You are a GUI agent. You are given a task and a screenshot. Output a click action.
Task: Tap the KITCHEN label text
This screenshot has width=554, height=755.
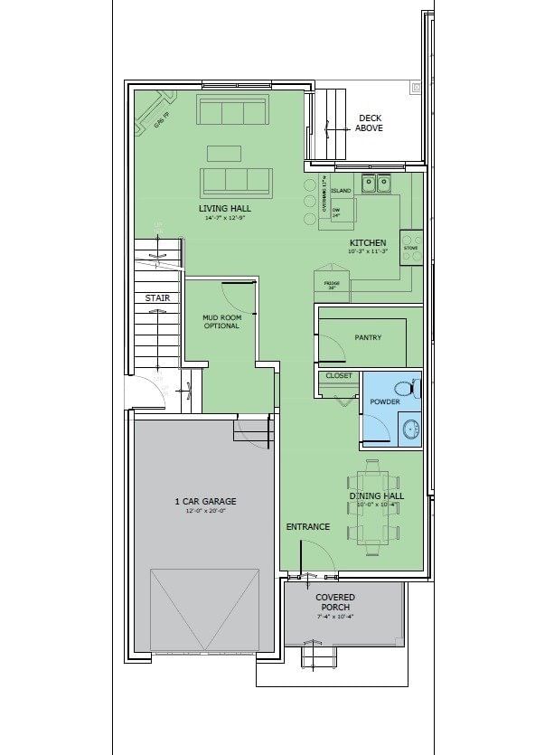click(368, 242)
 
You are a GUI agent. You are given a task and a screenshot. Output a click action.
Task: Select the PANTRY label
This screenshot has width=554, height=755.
click(368, 337)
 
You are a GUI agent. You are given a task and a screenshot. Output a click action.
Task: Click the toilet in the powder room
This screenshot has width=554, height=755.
click(412, 388)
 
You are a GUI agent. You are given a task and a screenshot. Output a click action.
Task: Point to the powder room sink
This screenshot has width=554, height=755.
click(410, 428)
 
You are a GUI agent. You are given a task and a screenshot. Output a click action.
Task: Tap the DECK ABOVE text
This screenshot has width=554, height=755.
click(369, 123)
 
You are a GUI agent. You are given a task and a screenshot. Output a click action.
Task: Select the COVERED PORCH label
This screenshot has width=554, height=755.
click(334, 601)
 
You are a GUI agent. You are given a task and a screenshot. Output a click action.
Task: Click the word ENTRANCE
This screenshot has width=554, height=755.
click(307, 526)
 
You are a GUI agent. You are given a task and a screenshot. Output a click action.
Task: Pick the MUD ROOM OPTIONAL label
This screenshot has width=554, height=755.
click(221, 321)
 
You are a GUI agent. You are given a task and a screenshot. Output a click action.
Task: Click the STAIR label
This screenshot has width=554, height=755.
click(157, 297)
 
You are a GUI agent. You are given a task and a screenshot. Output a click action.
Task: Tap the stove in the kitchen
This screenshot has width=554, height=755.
click(411, 247)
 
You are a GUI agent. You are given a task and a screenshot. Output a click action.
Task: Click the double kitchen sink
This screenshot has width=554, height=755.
click(376, 184)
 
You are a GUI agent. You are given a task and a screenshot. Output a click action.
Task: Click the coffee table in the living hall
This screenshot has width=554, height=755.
click(225, 153)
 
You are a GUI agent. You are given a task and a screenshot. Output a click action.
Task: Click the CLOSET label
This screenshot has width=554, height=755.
click(339, 375)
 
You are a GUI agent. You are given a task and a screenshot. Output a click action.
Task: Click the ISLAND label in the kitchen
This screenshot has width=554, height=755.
click(341, 191)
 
